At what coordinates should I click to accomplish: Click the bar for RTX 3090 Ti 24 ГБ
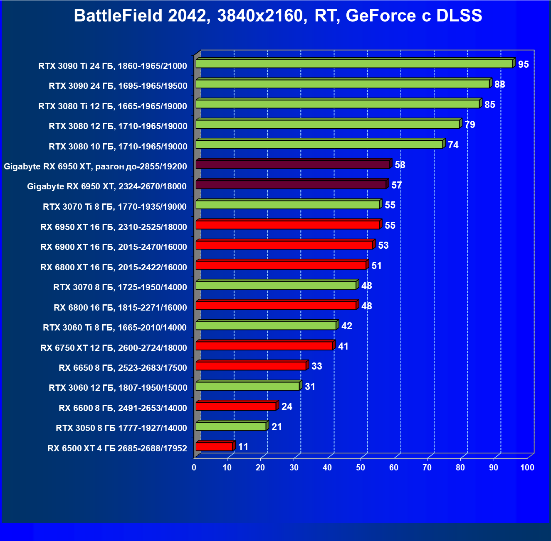click(354, 64)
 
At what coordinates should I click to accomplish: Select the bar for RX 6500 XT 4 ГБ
click(214, 446)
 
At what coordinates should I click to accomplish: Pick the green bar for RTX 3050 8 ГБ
click(231, 426)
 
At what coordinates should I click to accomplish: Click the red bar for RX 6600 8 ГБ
click(236, 406)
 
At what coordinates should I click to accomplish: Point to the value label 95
click(524, 64)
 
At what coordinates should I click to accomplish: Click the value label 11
click(243, 447)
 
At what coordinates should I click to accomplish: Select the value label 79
click(470, 125)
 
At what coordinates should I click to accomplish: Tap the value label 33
click(317, 366)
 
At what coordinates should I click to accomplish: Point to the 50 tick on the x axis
click(361, 468)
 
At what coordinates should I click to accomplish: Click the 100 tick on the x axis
click(527, 468)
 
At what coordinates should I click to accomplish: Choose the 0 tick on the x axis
click(194, 468)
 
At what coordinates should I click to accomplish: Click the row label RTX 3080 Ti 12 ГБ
click(113, 106)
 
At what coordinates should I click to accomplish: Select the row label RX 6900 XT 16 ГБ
click(114, 247)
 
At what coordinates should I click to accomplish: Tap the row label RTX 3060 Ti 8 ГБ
click(115, 328)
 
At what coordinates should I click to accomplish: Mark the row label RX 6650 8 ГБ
click(123, 368)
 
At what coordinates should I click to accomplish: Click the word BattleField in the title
click(118, 16)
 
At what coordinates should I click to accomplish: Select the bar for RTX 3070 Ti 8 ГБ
click(287, 205)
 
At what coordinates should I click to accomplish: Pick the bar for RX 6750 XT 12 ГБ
click(264, 345)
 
